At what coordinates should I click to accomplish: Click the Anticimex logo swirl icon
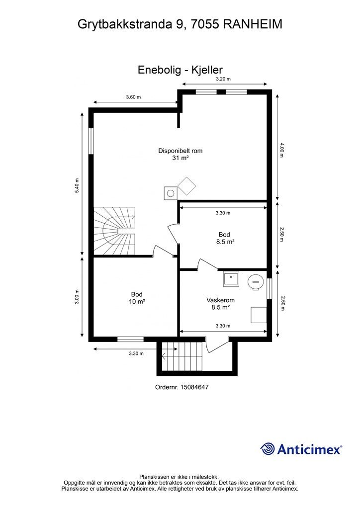coord(268,449)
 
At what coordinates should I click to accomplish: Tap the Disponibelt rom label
coord(180,151)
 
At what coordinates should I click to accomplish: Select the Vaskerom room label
coord(220,300)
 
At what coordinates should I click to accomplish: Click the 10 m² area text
coord(137,302)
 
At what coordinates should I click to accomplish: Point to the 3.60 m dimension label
coord(133,97)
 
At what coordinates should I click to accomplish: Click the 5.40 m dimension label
coord(77,186)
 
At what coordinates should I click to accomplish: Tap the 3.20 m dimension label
coord(223,79)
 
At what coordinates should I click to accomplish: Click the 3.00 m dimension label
coord(77,297)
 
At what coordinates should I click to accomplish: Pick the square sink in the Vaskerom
coord(231,279)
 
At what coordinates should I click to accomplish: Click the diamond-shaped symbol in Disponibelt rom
coord(186,186)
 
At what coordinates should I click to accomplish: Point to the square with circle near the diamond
coord(171,193)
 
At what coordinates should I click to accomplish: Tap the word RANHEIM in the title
coord(253,24)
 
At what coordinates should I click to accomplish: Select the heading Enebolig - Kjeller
coord(180,70)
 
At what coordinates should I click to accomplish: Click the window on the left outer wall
coord(91,141)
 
